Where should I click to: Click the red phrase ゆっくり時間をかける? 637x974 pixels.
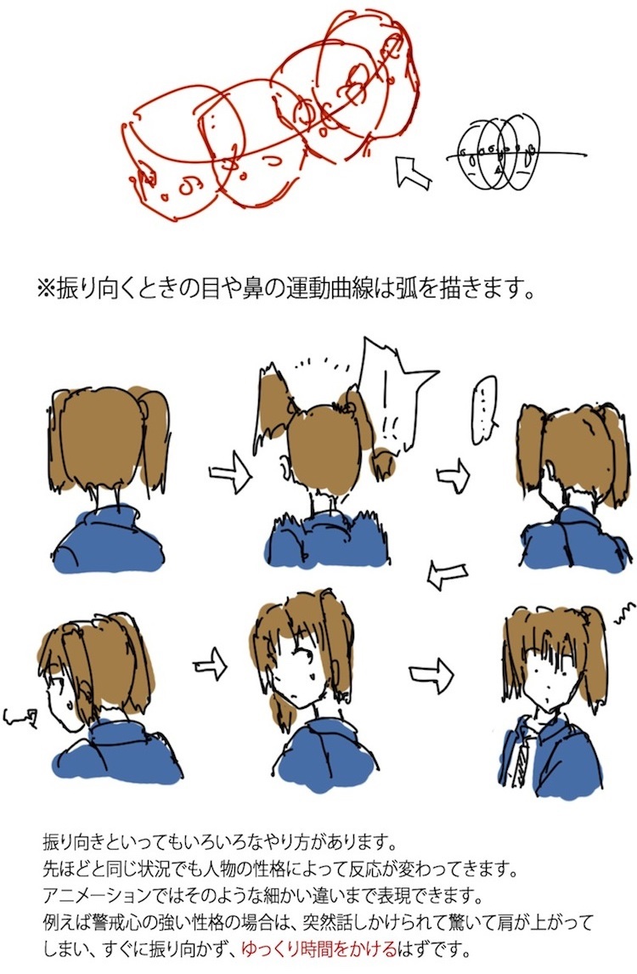[x=319, y=948]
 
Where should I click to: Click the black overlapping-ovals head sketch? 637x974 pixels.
[x=499, y=154]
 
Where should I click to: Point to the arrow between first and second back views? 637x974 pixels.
[x=230, y=474]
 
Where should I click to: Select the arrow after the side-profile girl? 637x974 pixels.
[x=211, y=664]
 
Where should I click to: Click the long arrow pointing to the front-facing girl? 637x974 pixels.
[x=431, y=674]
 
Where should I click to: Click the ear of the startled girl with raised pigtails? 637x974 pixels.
[x=284, y=467]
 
